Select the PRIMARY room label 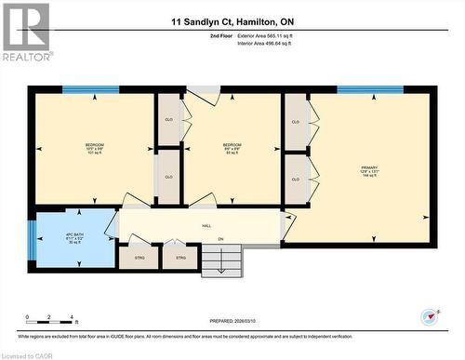pyautogui.click(x=370, y=169)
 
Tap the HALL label pyautogui.click(x=206, y=225)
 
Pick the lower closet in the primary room pyautogui.click(x=296, y=177)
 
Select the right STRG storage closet pyautogui.click(x=180, y=258)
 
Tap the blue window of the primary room pyautogui.click(x=369, y=89)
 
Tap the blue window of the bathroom pyautogui.click(x=31, y=241)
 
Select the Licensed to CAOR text pyautogui.click(x=27, y=353)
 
